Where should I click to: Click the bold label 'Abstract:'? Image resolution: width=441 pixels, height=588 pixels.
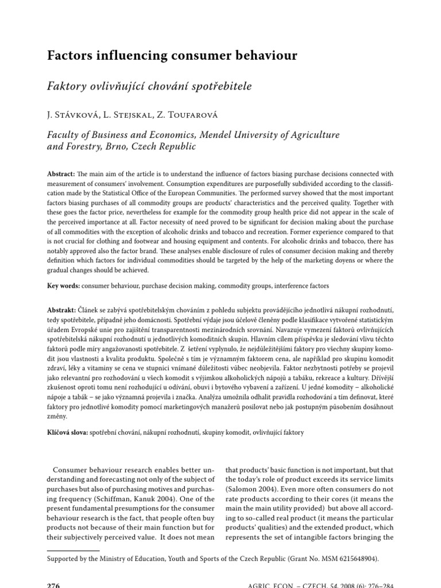(x=61, y=174)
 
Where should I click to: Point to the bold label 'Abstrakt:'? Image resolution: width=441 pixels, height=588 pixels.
(x=61, y=308)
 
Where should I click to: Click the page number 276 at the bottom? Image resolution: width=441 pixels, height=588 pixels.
(x=53, y=584)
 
